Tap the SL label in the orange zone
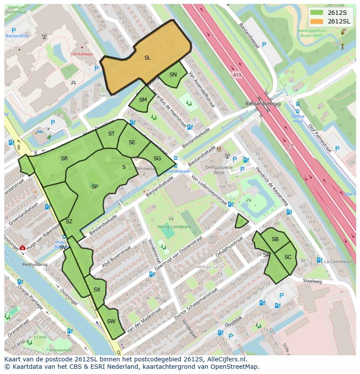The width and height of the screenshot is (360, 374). (x=147, y=57)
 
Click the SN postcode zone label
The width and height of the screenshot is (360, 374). (x=173, y=75)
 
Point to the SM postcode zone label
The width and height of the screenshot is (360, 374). (x=143, y=99)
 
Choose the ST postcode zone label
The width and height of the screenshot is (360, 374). (x=111, y=134)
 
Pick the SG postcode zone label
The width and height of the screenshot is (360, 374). (x=157, y=159)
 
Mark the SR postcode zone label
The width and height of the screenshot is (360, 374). (x=64, y=159)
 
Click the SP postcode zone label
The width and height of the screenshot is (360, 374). (x=95, y=186)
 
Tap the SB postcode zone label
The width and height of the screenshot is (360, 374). (x=275, y=239)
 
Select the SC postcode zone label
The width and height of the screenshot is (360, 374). (x=288, y=257)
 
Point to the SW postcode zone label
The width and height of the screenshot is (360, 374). (x=111, y=321)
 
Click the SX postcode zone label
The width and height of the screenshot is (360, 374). (x=97, y=290)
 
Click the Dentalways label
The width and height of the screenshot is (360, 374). (x=82, y=54)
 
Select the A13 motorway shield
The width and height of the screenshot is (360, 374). (x=237, y=75)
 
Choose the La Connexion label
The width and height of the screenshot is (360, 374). (x=338, y=261)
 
